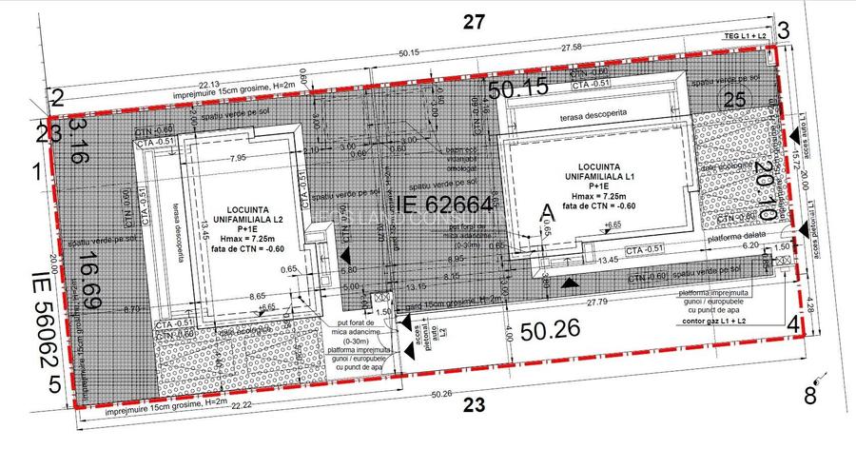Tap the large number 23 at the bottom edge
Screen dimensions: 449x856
click(x=474, y=405)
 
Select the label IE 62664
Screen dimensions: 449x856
click(x=443, y=204)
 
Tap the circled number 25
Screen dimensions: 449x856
click(x=733, y=100)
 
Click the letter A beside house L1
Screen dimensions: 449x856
click(x=546, y=211)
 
